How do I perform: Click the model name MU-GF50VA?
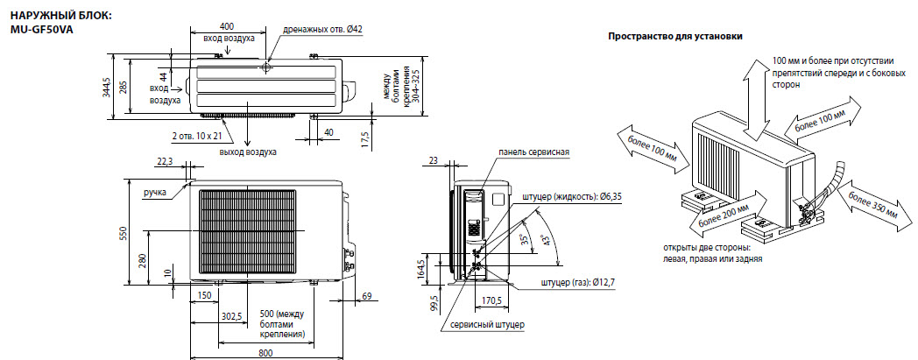42,29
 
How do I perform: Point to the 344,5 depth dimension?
107,87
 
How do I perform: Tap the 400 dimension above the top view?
227,26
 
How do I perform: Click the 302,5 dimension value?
231,316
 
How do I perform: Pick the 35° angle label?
526,239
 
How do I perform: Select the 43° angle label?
546,241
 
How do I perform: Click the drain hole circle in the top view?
267,67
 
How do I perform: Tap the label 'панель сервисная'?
534,152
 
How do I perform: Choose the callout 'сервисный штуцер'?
487,325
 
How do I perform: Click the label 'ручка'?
155,192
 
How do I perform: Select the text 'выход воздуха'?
248,152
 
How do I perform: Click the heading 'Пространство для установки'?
675,36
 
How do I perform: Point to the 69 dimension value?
366,296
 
